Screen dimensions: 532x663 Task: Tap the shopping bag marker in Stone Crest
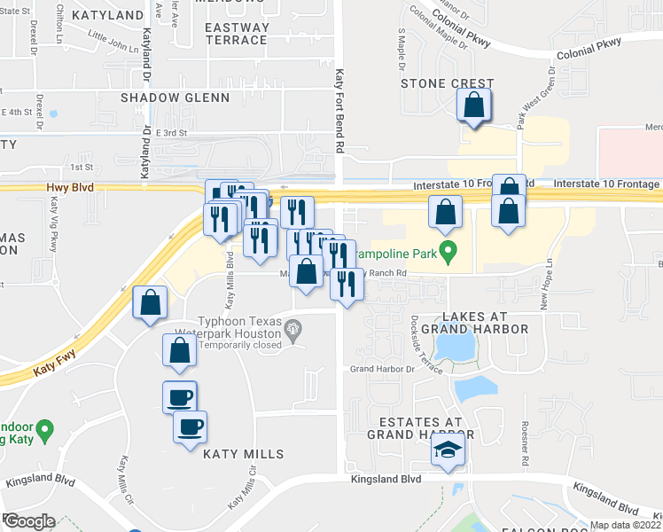tap(474, 105)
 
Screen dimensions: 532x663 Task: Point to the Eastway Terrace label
tap(236, 34)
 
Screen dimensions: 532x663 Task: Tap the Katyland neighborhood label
tap(107, 15)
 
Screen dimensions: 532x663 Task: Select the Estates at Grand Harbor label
tap(421, 427)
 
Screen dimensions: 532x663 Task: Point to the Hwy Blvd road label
tap(68, 188)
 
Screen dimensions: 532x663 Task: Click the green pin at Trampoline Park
tap(448, 255)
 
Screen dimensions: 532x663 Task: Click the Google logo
tap(28, 521)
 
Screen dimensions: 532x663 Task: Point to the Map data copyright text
tap(625, 525)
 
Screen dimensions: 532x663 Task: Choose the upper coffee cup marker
tap(180, 395)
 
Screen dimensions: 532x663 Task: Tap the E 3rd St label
tap(172, 132)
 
